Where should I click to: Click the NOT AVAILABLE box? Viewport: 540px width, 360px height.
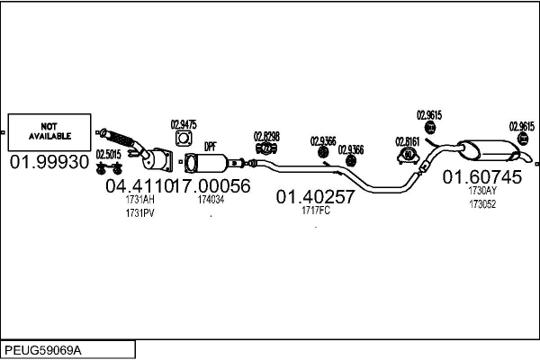49,132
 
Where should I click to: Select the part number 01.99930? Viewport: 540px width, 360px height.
49,162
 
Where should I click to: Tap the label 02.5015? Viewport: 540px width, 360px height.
109,155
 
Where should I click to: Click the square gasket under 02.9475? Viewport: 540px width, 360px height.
184,139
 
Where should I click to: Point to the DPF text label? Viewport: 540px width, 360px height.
211,147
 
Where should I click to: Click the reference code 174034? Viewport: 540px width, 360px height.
211,200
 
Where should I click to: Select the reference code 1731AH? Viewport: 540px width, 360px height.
139,200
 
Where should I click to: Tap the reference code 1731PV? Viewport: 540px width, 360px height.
139,213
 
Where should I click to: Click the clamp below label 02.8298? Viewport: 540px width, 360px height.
266,148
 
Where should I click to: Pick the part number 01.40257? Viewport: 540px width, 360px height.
315,197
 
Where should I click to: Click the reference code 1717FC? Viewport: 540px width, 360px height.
316,211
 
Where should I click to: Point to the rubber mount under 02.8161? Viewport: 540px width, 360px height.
408,156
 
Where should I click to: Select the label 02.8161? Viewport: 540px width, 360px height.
408,141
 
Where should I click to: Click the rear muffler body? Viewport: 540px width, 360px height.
487,150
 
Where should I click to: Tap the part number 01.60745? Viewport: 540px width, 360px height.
482,177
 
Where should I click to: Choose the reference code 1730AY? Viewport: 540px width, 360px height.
482,191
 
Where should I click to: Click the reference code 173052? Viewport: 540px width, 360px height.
482,204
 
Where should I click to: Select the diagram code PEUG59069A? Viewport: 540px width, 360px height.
43,351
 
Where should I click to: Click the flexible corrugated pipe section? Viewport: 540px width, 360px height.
119,139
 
